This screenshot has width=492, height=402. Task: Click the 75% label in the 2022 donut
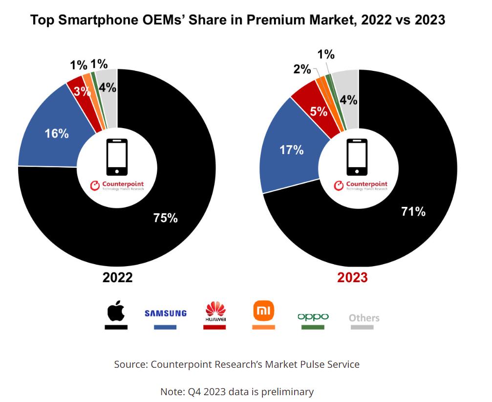click(x=165, y=218)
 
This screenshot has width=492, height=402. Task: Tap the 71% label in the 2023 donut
click(x=413, y=212)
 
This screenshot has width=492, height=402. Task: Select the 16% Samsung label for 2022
click(x=57, y=133)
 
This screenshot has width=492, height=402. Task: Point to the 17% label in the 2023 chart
click(x=292, y=150)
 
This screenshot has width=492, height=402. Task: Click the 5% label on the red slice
click(x=319, y=112)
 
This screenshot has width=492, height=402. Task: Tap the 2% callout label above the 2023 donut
click(x=302, y=69)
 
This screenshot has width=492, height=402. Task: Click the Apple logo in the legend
click(x=116, y=312)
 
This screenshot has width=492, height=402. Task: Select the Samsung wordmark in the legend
click(x=166, y=313)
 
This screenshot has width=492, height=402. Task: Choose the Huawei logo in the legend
click(x=215, y=312)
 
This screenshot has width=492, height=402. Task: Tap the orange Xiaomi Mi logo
click(x=264, y=310)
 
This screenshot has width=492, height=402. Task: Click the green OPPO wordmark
click(x=313, y=316)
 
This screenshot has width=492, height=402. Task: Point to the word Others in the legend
click(x=364, y=318)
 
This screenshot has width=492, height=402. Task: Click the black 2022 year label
click(x=117, y=277)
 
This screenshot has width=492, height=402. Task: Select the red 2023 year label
click(x=353, y=277)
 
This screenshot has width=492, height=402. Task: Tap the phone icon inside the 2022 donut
click(x=117, y=157)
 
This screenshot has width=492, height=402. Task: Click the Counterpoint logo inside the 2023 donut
click(x=361, y=185)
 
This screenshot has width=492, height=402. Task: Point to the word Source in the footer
click(x=130, y=364)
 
